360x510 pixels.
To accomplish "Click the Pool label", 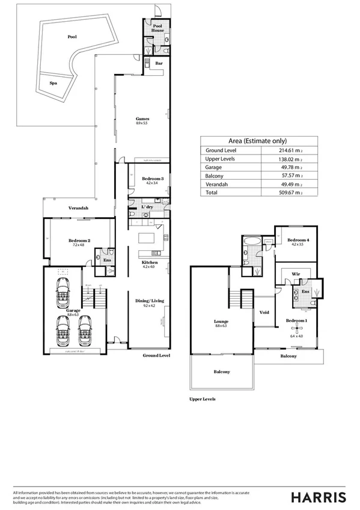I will pos(72,37).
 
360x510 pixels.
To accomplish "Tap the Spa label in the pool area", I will pos(53,84).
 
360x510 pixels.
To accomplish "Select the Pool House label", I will pos(157,29).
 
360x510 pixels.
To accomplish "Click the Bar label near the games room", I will pos(159,63).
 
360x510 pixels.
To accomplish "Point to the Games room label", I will pos(142,119).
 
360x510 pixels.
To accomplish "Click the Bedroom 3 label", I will pos(153,179).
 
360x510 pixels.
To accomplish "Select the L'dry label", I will pos(147,207).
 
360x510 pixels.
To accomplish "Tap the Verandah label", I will pos(79,208).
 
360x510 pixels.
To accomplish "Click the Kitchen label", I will pos(150,263).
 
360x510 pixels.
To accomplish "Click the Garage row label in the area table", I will pos(215,168).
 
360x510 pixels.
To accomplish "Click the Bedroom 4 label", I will pos(298,241).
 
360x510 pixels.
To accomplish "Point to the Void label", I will pos(264,313).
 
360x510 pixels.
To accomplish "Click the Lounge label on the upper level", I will pos(221,322).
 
